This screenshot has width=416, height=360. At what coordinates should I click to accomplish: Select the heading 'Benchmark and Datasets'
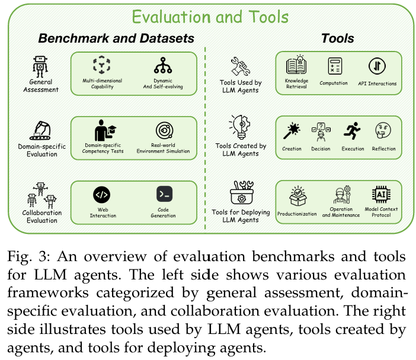coord(116,39)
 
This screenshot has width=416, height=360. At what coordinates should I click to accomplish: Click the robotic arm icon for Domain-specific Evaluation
coord(41,129)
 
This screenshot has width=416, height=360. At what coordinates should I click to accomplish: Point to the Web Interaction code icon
coord(103,194)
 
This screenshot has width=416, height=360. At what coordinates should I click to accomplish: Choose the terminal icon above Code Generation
coord(163,194)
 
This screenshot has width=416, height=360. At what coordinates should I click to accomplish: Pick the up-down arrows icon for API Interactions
coord(377,65)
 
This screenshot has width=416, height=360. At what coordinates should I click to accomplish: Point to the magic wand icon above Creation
coord(292,130)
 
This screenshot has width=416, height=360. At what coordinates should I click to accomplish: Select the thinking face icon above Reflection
coord(383,130)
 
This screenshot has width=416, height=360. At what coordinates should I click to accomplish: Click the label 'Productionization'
coord(297,214)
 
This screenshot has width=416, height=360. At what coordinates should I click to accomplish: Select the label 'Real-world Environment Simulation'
coord(164,148)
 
